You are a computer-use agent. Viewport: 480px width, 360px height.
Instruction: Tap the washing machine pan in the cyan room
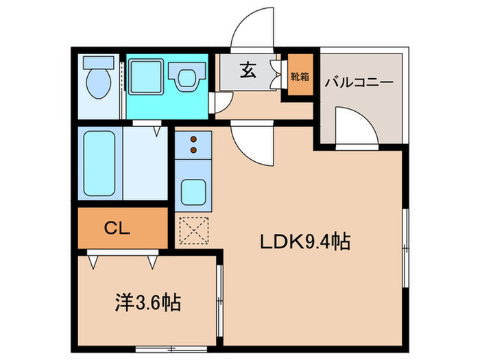[146, 76]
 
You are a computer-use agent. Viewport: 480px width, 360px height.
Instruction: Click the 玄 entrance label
[248, 71]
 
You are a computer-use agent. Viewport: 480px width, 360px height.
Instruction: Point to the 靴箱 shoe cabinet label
[300, 76]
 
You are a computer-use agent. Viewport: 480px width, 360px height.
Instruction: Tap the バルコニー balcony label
[359, 82]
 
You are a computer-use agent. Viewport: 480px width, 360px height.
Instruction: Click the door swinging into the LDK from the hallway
[252, 141]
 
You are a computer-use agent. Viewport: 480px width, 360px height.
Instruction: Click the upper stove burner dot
[193, 137]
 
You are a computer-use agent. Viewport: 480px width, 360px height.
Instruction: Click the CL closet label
[121, 228]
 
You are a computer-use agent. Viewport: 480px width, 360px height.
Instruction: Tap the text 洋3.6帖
[146, 302]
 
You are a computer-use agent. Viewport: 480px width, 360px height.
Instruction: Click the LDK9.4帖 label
[304, 241]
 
